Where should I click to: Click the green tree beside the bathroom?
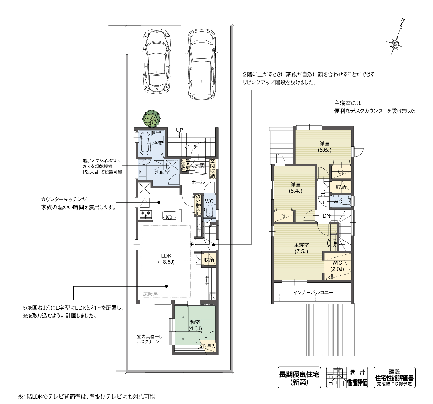[151, 118]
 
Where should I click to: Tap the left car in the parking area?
[157, 61]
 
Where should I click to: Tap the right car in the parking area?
[202, 64]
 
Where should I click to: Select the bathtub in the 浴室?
[145, 143]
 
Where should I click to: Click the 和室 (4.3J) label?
[195, 325]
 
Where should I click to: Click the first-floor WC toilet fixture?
[209, 210]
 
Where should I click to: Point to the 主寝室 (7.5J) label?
[301, 248]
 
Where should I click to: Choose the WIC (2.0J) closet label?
[337, 266]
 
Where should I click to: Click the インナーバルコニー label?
[313, 292]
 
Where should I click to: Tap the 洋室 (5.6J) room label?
[324, 147]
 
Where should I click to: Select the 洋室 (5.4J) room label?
[295, 188]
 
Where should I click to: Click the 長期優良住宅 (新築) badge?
[299, 377]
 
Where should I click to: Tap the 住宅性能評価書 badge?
[394, 377]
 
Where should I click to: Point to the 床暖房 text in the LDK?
[150, 294]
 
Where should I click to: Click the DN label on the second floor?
[326, 216]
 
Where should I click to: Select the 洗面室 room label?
[162, 172]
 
